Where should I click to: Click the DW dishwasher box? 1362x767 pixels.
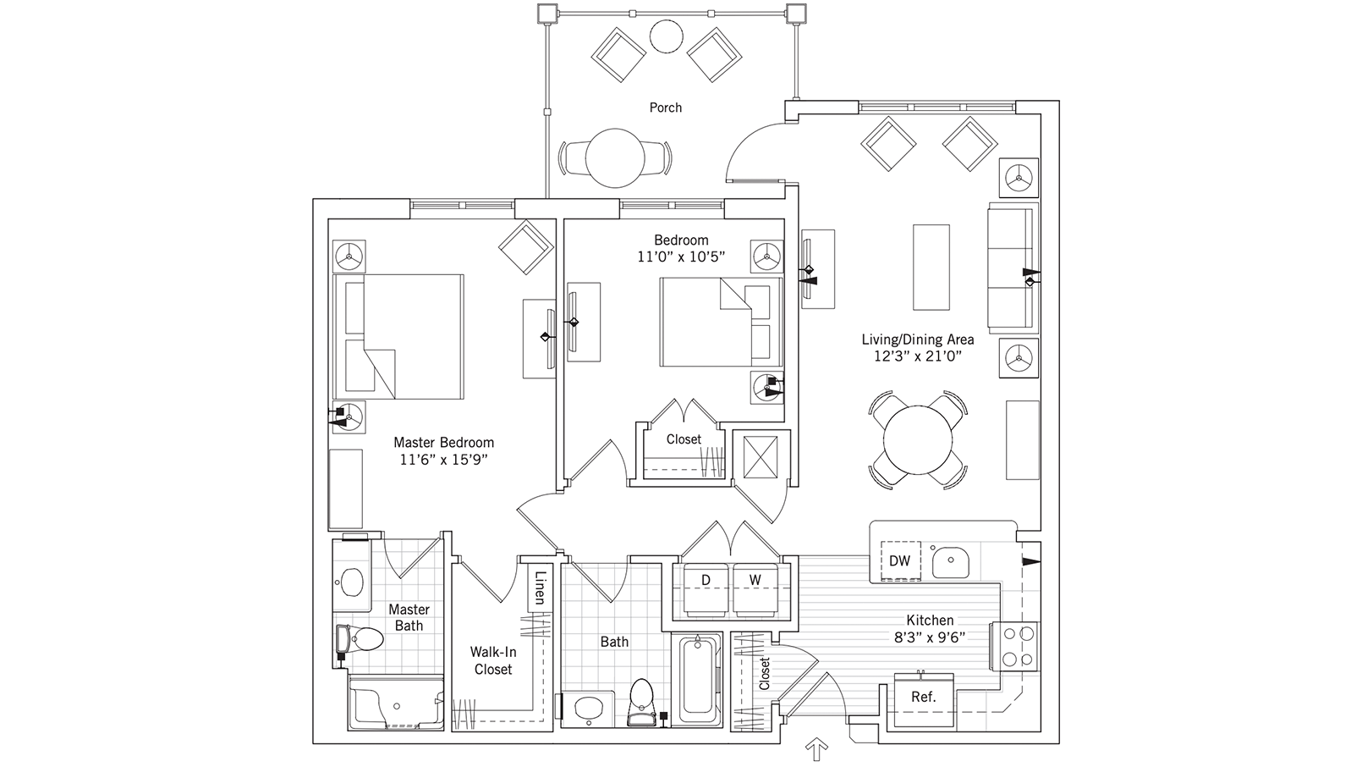(x=899, y=560)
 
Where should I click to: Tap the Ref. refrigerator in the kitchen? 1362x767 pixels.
(x=923, y=697)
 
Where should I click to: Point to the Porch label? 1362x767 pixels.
(x=666, y=108)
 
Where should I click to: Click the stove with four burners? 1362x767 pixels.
(x=1019, y=646)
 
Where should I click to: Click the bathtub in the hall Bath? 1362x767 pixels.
(x=698, y=681)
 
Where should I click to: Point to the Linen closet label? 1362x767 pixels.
(x=539, y=588)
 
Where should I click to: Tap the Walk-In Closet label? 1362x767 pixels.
(x=492, y=660)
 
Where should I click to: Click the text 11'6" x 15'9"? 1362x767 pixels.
(x=443, y=460)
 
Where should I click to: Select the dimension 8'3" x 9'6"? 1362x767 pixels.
(x=930, y=637)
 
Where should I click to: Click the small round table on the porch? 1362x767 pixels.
(x=666, y=35)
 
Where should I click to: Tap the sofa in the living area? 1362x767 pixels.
(x=1011, y=267)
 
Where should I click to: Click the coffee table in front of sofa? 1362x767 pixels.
(x=931, y=267)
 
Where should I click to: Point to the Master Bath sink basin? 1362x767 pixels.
(x=350, y=581)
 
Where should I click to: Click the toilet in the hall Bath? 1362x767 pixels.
(x=642, y=699)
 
